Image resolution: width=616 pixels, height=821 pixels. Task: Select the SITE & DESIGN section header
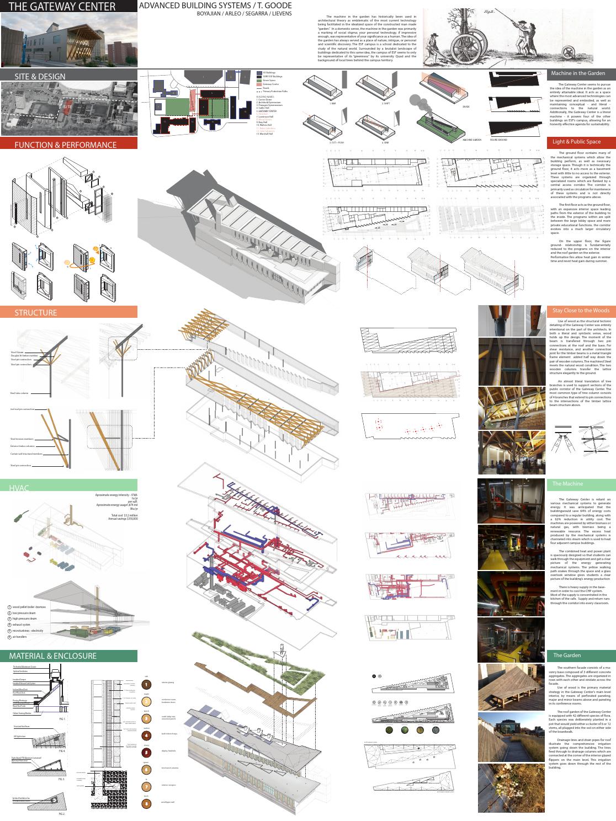point(40,76)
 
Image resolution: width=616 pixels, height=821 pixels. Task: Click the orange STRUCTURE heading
point(36,312)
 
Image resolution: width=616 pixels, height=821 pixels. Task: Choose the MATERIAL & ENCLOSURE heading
point(52,656)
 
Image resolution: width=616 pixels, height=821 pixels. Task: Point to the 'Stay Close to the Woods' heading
point(581,311)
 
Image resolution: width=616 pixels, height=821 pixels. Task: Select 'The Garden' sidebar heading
point(567,655)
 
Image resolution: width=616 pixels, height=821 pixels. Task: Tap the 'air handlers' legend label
point(22,637)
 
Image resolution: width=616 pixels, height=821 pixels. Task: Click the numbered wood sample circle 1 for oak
point(146,685)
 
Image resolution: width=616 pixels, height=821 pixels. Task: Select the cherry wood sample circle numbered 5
point(146,752)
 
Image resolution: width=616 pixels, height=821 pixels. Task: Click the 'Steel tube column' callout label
point(19,393)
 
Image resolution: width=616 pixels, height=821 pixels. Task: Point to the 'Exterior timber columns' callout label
point(23,446)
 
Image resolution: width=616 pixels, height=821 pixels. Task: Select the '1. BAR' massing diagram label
point(332,103)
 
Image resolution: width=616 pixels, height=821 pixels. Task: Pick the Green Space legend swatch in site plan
point(258,80)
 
